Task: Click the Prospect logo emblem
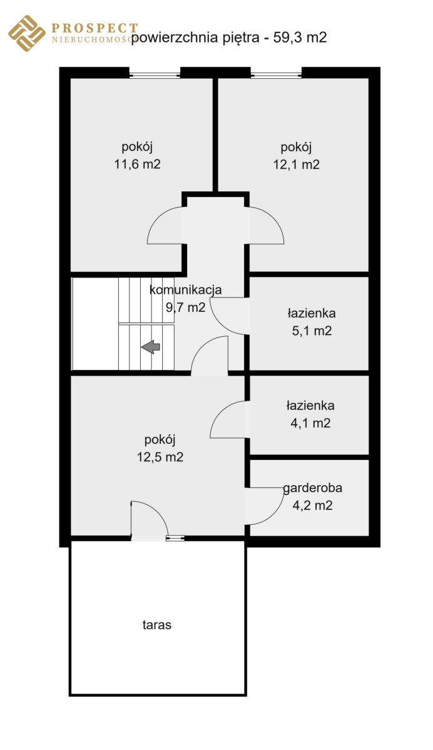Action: tap(26, 34)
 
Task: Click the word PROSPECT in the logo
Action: tap(94, 27)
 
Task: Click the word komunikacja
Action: tap(185, 290)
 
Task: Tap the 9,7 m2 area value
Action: tap(185, 307)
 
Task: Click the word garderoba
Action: tap(312, 488)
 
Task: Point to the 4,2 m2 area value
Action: tap(312, 506)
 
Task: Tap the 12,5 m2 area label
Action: tap(160, 456)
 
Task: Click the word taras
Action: tap(156, 624)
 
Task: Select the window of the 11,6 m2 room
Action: tap(155, 76)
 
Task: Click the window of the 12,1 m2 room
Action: tap(277, 76)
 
